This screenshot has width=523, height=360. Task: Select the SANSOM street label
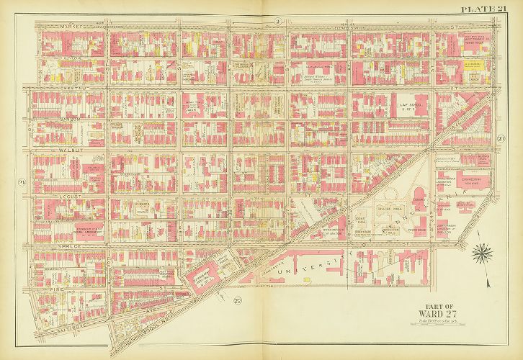pyautogui.click(x=49, y=116)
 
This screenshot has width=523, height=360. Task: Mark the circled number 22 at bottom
pyautogui.click(x=238, y=300)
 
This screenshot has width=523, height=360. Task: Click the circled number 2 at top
pyautogui.click(x=277, y=22)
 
